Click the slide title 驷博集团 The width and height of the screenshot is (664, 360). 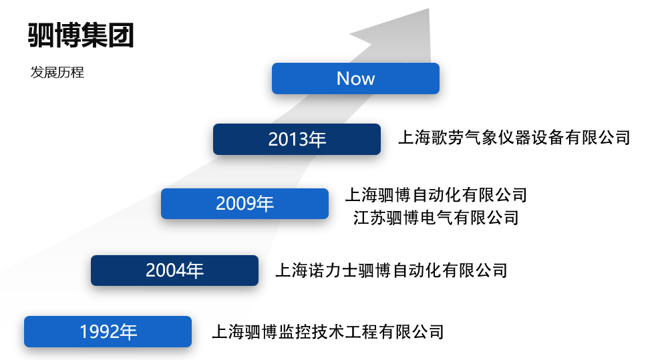81,35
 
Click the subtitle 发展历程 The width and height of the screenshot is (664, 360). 57,72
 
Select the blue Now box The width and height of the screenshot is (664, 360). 355,78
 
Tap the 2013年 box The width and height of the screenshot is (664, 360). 297,139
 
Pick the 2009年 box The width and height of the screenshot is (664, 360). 244,204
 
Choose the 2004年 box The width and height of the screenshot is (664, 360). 174,271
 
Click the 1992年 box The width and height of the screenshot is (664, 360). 108,332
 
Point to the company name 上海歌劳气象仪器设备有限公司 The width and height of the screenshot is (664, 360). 514,138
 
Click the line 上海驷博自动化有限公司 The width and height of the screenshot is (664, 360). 436,195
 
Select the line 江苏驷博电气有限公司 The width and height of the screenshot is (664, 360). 436,218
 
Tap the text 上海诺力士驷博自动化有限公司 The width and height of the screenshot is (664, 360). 391,271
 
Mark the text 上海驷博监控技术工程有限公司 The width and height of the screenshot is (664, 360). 328,332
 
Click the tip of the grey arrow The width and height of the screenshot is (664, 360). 429,9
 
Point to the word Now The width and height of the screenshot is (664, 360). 355,78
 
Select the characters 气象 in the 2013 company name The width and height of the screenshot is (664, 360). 481,138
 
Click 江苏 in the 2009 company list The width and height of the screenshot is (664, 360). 369,218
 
